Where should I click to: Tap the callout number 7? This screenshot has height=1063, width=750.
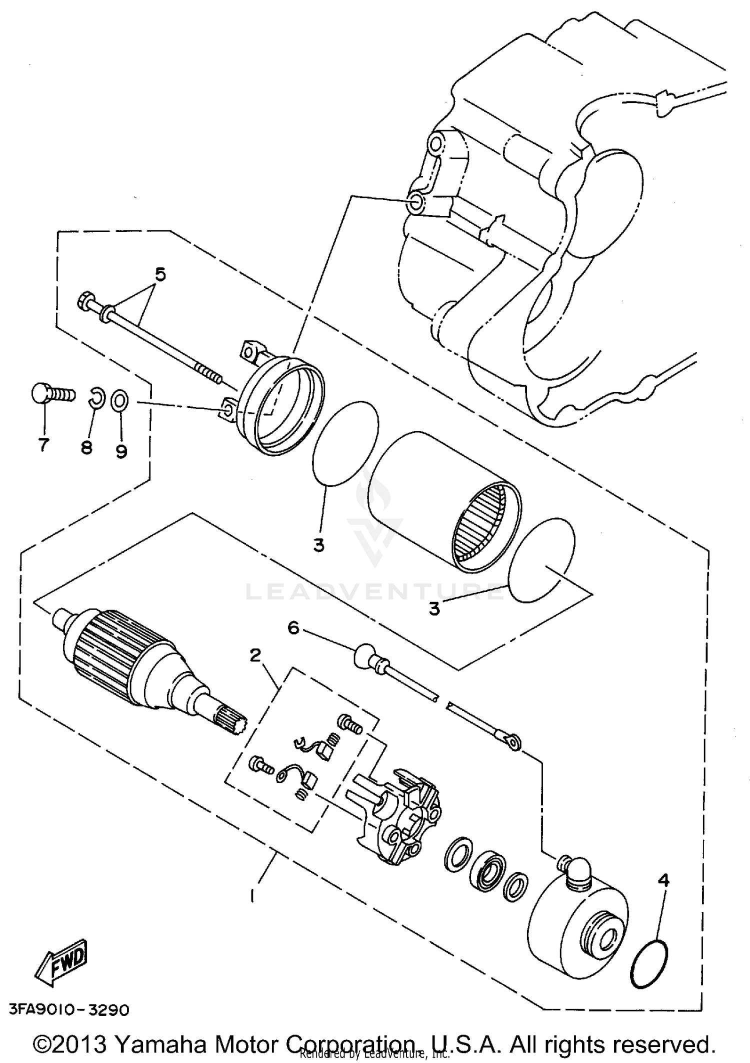pyautogui.click(x=44, y=444)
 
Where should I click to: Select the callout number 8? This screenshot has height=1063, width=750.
pyautogui.click(x=86, y=447)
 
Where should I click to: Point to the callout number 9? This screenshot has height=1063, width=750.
pyautogui.click(x=121, y=451)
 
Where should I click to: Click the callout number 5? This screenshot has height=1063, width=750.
pyautogui.click(x=160, y=274)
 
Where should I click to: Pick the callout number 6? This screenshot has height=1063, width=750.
pyautogui.click(x=293, y=627)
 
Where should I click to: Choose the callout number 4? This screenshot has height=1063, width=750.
pyautogui.click(x=663, y=879)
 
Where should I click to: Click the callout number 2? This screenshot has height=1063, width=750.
pyautogui.click(x=255, y=654)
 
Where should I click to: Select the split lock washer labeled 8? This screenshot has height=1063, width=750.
pyautogui.click(x=97, y=397)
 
